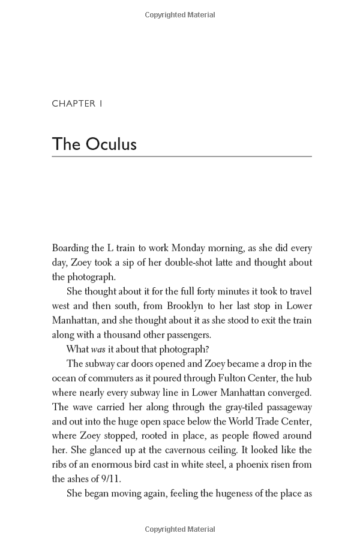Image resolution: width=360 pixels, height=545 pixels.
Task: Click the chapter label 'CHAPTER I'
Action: (77, 104)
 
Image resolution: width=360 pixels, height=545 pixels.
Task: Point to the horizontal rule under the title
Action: (182, 156)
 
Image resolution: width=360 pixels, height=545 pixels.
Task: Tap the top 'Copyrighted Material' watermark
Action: (180, 15)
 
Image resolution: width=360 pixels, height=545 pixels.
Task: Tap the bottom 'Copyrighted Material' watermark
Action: (180, 530)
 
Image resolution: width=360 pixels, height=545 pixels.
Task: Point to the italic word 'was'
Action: (98, 349)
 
